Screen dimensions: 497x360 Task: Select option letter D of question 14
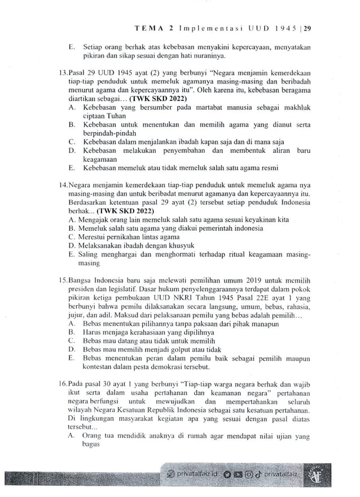pyautogui.click(x=71, y=246)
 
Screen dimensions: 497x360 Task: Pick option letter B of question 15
pyautogui.click(x=72, y=333)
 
